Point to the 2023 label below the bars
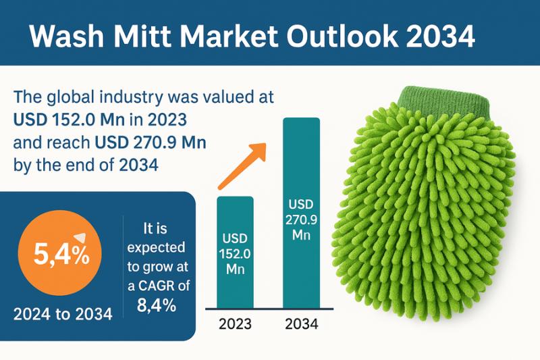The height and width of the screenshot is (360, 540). [235, 324]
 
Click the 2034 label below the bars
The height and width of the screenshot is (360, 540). [300, 324]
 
